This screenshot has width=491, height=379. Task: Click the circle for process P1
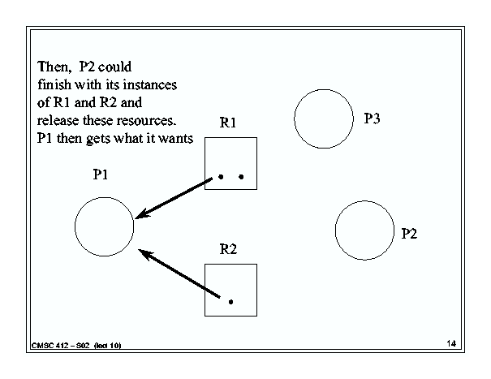pyautogui.click(x=75, y=226)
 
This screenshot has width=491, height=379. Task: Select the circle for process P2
pyautogui.click(x=335, y=230)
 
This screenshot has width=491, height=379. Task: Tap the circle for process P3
pyautogui.click(x=295, y=118)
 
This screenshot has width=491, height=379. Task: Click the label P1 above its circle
pyautogui.click(x=101, y=174)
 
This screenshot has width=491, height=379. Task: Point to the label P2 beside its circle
pyautogui.click(x=409, y=234)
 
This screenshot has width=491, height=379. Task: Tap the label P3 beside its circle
pyautogui.click(x=372, y=118)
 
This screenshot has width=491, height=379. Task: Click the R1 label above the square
pyautogui.click(x=228, y=123)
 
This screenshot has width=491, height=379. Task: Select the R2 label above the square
pyautogui.click(x=228, y=249)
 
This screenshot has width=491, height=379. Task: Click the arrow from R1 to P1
pyautogui.click(x=174, y=198)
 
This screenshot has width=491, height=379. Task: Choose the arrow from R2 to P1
pyautogui.click(x=179, y=273)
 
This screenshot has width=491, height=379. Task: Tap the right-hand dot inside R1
pyautogui.click(x=241, y=177)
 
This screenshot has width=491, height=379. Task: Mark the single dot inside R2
pyautogui.click(x=230, y=302)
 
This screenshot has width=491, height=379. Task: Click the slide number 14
pyautogui.click(x=451, y=343)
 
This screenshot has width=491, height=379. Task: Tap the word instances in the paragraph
pyautogui.click(x=149, y=85)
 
